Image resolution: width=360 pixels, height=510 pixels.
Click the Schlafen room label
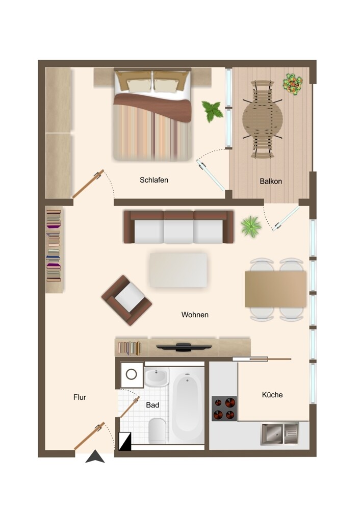point(154,180)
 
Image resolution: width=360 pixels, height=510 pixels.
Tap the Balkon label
point(271,181)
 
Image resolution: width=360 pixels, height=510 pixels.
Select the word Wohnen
point(195,315)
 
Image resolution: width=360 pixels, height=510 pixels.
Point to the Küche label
point(272,395)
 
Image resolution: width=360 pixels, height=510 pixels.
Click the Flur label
point(80,397)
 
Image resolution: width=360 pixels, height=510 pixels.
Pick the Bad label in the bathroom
point(152,405)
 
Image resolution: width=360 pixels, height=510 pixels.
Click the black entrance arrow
point(95,456)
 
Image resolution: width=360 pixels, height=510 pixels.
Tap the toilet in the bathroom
point(157,429)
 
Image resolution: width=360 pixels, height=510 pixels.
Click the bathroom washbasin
point(157,377)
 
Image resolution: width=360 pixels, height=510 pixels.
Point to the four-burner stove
point(224,409)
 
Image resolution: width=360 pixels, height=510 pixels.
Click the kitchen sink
point(279,433)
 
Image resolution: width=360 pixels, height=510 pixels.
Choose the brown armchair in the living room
point(126,300)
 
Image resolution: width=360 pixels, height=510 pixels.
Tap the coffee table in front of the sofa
point(178,270)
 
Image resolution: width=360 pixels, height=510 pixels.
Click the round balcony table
point(263,119)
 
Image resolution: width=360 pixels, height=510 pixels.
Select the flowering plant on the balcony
point(292,84)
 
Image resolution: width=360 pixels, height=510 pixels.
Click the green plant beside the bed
point(213,111)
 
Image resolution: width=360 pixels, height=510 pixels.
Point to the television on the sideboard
point(184,347)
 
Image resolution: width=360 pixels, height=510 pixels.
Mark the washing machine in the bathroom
point(132,374)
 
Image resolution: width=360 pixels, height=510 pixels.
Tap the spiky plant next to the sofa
point(251,226)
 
